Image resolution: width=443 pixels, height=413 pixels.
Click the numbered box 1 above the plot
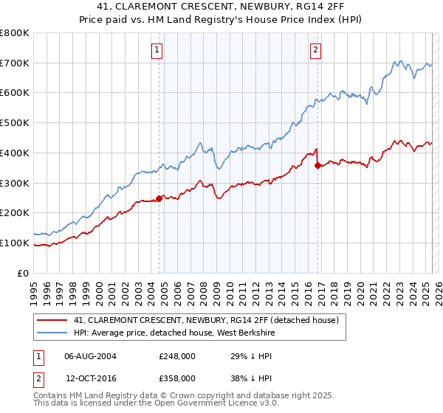[158, 50]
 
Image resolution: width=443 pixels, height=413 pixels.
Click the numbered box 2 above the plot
[315, 50]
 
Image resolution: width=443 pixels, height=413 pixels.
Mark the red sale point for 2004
[159, 198]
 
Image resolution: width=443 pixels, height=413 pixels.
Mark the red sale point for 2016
[317, 165]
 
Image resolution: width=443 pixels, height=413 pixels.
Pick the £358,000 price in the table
[176, 378]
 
